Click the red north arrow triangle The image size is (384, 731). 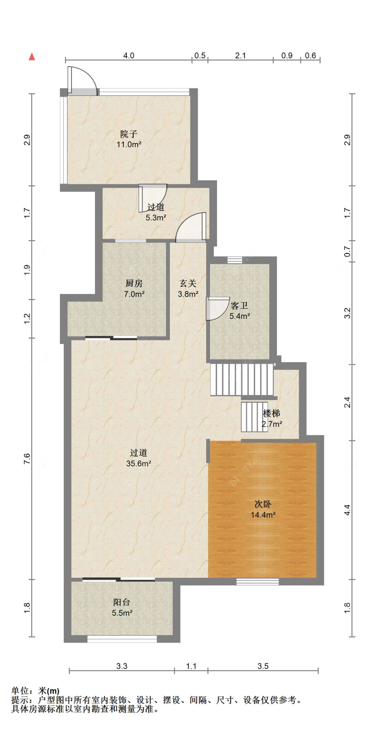pos(32,56)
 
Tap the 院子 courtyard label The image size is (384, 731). pos(129,134)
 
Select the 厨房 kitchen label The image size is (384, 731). pos(134,283)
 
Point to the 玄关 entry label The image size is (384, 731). pos(188,283)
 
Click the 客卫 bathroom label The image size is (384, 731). pos(239,305)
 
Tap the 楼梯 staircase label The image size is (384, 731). pos(272,413)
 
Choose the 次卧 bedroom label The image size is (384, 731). pos(263,504)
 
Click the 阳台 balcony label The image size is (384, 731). pos(122,602)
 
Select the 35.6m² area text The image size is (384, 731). pos(139,463)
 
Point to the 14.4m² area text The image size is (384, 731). pos(263,515)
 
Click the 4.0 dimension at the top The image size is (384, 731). pos(129,56)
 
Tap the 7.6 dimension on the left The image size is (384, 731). pos(27,458)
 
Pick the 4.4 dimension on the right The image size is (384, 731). pos(347,510)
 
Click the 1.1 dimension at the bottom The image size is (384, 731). pos(191,666)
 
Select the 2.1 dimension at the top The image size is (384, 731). pos(240,56)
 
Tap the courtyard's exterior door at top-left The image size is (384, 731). pos(82,80)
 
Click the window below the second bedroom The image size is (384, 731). pos(258,582)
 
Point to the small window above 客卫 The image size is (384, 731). pos(235,260)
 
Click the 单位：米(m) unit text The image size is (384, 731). pos(35,691)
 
